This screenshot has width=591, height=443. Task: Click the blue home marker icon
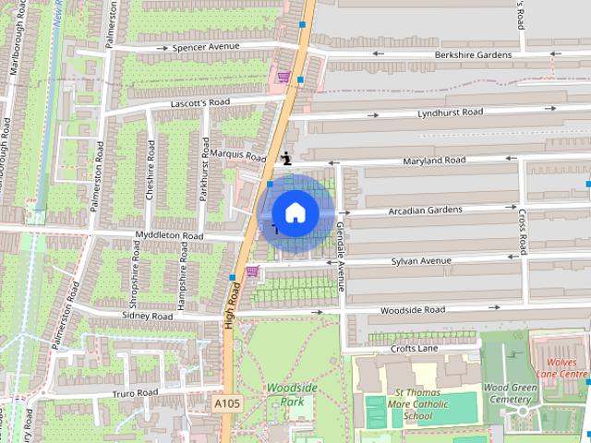coord(295,212)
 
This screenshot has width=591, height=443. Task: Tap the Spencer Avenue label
coord(205,47)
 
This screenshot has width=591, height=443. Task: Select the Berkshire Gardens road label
coord(472,54)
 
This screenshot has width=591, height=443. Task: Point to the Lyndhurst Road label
coord(450,113)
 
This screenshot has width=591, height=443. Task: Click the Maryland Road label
coord(434,161)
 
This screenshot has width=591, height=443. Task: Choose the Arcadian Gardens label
coord(426,210)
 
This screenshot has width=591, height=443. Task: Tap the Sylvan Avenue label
coord(424,261)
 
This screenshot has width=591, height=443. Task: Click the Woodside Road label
coord(412,310)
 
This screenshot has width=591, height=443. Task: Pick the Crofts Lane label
coord(414,348)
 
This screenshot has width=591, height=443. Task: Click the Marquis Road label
coord(238,154)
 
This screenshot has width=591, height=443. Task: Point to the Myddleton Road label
coord(169,236)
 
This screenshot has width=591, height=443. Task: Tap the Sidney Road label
coord(148,316)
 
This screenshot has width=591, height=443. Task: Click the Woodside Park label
coord(285,395)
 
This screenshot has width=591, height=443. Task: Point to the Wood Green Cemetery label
coord(511,394)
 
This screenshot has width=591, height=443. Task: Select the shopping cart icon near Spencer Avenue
coord(283,77)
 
